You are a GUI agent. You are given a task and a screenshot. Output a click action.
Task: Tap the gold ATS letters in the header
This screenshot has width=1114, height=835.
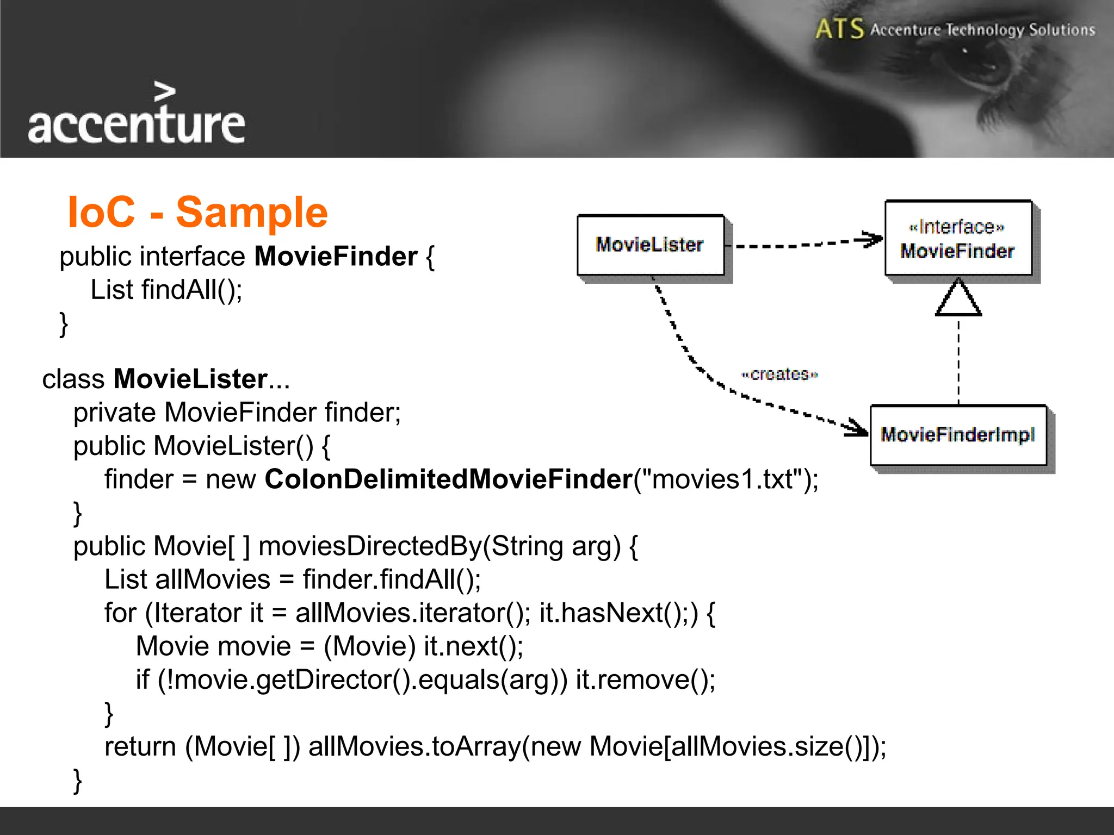(x=839, y=29)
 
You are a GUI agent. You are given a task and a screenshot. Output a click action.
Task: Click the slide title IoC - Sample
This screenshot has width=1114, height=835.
(x=197, y=212)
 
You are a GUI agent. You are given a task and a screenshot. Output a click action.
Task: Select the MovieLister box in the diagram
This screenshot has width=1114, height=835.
(x=650, y=245)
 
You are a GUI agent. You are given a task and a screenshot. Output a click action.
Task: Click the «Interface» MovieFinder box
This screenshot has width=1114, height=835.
(x=958, y=239)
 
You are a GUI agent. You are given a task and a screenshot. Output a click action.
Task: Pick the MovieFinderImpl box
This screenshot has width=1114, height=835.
(x=958, y=435)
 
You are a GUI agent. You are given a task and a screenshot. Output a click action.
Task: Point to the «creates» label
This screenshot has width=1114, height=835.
(x=779, y=375)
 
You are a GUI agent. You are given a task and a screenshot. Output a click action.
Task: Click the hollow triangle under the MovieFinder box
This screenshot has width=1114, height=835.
(x=958, y=300)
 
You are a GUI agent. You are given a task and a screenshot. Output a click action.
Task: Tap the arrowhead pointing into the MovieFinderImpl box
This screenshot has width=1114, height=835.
(x=856, y=428)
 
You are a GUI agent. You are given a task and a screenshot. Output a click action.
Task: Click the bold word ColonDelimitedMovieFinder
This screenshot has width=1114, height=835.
(x=448, y=479)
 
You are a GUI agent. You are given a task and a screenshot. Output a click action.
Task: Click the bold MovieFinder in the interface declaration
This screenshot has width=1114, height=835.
(x=336, y=257)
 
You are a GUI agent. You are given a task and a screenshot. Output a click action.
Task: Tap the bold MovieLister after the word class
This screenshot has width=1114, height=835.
(x=190, y=379)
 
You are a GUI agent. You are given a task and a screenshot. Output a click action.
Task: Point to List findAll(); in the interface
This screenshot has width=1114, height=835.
(x=166, y=290)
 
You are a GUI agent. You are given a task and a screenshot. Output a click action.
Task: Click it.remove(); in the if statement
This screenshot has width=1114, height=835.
(x=645, y=680)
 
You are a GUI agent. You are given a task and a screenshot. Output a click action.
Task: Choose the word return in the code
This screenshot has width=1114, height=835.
(x=140, y=746)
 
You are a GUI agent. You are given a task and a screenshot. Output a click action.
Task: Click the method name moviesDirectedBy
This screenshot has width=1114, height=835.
(x=370, y=546)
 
